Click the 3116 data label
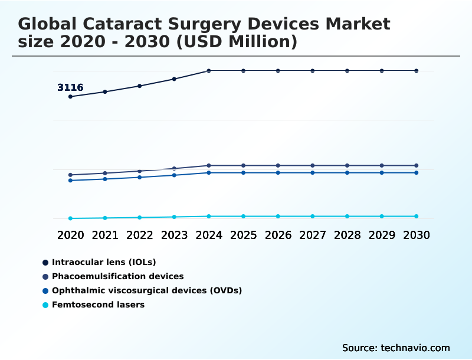70,88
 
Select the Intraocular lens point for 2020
70,97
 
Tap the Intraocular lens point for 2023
174,79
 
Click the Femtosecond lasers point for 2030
417,217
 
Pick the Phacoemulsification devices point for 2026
278,166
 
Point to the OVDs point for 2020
70,181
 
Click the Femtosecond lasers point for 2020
70,218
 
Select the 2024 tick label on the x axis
209,235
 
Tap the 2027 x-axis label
313,235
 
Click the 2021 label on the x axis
105,235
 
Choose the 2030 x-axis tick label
417,235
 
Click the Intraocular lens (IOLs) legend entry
104,262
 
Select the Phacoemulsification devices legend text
118,276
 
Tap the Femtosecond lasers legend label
98,305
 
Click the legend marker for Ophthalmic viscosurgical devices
45,291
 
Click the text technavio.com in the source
415,348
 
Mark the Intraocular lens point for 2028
348,71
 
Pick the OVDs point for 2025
243,173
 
